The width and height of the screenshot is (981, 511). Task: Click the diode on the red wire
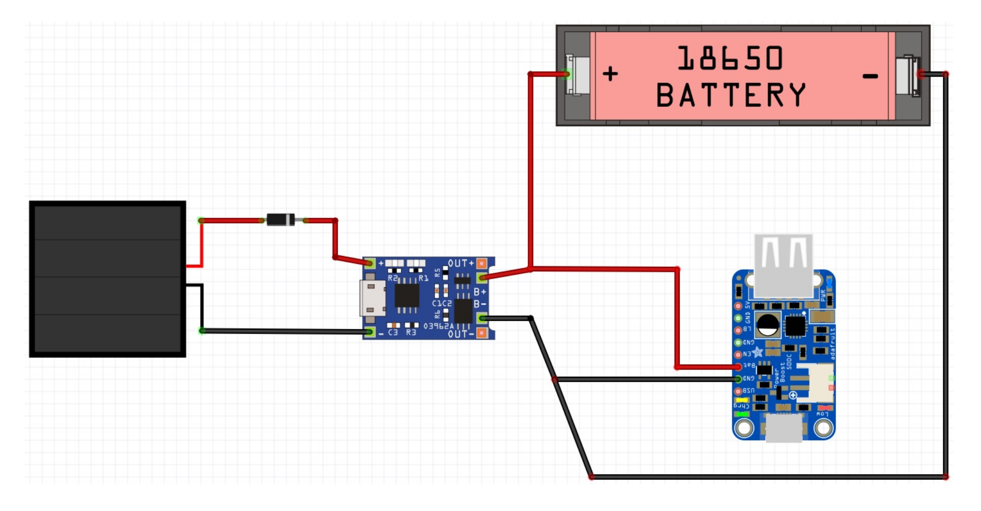pyautogui.click(x=280, y=220)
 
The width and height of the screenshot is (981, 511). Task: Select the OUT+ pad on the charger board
pyautogui.click(x=482, y=263)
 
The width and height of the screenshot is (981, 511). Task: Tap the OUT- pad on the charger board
pyautogui.click(x=482, y=333)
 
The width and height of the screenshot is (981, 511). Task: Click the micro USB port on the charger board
pyautogui.click(x=372, y=298)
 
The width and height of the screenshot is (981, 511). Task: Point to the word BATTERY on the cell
pyautogui.click(x=731, y=95)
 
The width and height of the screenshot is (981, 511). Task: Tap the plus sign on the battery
pyautogui.click(x=610, y=74)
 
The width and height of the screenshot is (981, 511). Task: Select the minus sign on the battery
pyautogui.click(x=870, y=76)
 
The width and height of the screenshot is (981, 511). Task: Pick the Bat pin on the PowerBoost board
pyautogui.click(x=738, y=367)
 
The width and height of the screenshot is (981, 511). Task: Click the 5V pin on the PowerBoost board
pyautogui.click(x=738, y=306)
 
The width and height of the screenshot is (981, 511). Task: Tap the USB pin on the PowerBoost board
pyautogui.click(x=738, y=391)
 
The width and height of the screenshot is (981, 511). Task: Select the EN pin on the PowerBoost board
pyautogui.click(x=738, y=354)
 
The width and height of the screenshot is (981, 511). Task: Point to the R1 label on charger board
pyautogui.click(x=423, y=279)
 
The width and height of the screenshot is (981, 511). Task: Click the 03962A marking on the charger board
pyautogui.click(x=438, y=326)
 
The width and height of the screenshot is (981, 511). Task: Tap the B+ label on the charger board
pyautogui.click(x=480, y=292)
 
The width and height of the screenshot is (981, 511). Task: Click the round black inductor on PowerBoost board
pyautogui.click(x=767, y=324)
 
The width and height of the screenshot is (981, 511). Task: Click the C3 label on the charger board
pyautogui.click(x=393, y=333)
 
